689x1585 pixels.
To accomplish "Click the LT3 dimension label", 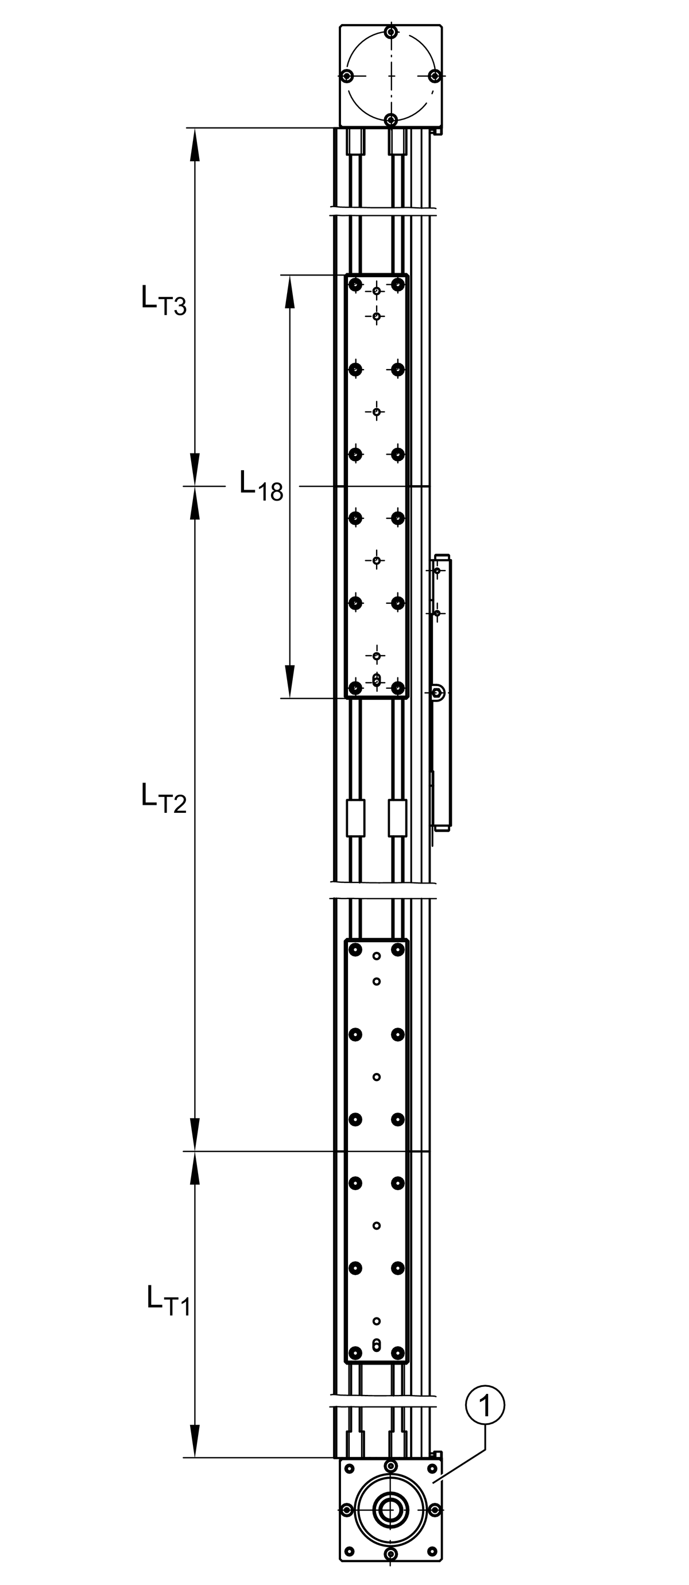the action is [x=164, y=300].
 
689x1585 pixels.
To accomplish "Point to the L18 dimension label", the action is [x=261, y=486].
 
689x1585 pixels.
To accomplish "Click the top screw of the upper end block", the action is [x=390, y=32].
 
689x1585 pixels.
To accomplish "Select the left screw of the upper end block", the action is [x=347, y=76].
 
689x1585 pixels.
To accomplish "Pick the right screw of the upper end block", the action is [x=435, y=76].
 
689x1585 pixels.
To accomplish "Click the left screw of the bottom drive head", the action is [x=347, y=1510].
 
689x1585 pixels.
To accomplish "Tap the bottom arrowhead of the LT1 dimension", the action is [x=195, y=1441].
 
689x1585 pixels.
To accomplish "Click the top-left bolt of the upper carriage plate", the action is [x=355, y=285].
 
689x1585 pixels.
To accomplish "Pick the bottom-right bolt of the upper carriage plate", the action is [x=398, y=687].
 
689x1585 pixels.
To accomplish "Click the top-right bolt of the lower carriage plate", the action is [x=398, y=950].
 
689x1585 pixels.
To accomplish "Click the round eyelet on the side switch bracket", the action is [x=437, y=693].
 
